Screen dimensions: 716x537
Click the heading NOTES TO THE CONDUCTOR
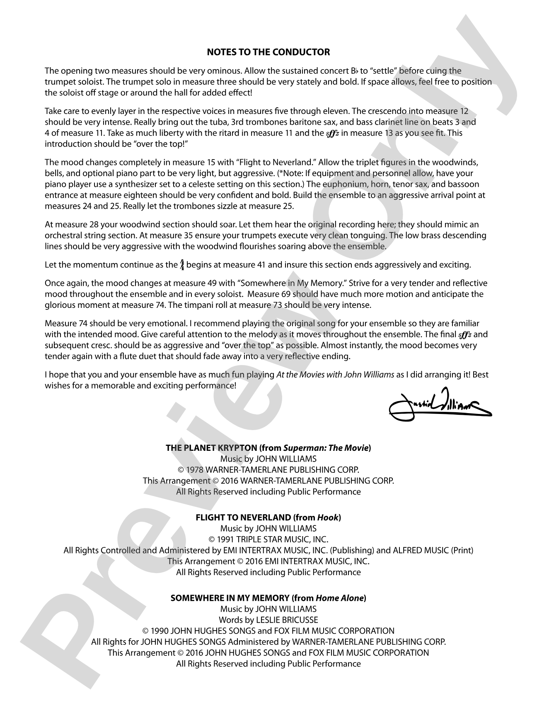coord(268,52)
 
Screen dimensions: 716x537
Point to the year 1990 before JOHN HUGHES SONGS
coord(159,631)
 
